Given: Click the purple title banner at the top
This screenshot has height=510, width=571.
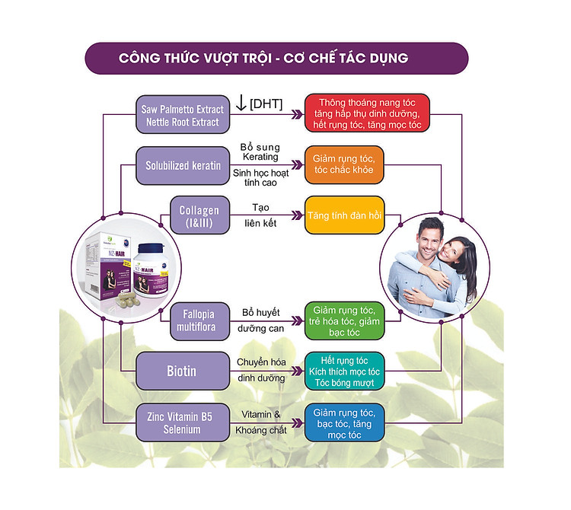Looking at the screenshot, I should coord(275,59).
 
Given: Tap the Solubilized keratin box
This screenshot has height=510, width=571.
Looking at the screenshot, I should coord(183,165).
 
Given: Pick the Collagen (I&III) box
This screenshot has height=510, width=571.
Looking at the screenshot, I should coord(199,216).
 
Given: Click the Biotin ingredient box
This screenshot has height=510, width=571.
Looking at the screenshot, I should coord(182,371).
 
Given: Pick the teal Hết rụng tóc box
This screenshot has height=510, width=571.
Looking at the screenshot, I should coord(343,371).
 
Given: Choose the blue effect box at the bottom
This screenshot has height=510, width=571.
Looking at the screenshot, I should coord(343,422).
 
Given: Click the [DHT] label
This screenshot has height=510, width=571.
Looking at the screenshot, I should coord(266,104).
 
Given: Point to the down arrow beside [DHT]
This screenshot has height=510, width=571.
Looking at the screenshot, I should coord(241,103).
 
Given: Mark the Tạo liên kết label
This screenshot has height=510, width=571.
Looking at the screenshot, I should coord(260,214).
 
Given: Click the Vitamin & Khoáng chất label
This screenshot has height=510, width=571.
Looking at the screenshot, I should coord(261,422).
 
